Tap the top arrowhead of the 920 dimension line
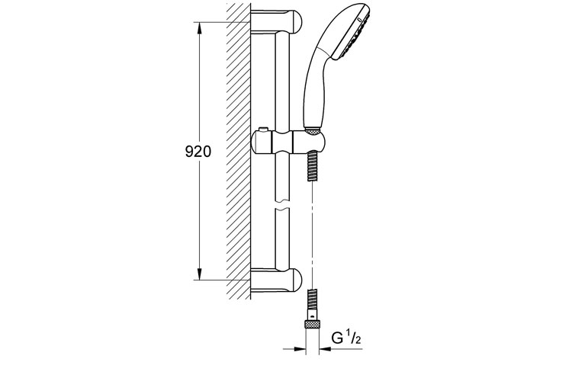point(200,27)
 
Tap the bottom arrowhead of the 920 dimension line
point(200,276)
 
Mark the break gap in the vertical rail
point(283,205)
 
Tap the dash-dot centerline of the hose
point(313,229)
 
